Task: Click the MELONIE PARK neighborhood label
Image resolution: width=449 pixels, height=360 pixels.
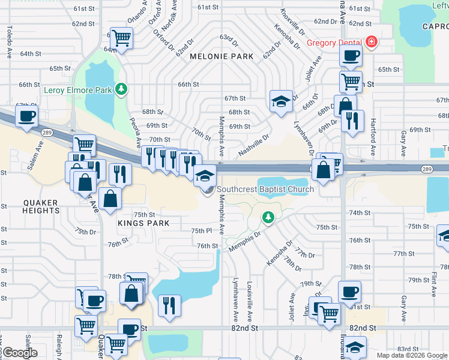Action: point(221,56)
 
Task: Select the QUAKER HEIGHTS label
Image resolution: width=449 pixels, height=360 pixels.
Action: point(41,206)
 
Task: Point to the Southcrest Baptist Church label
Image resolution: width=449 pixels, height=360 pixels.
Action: point(265,190)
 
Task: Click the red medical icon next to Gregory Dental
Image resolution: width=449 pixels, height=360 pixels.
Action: point(372,42)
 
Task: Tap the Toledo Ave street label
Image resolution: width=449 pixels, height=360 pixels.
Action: point(9,42)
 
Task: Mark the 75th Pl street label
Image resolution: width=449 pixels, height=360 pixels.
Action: point(202,231)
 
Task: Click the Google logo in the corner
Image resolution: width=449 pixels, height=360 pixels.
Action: point(20,353)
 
